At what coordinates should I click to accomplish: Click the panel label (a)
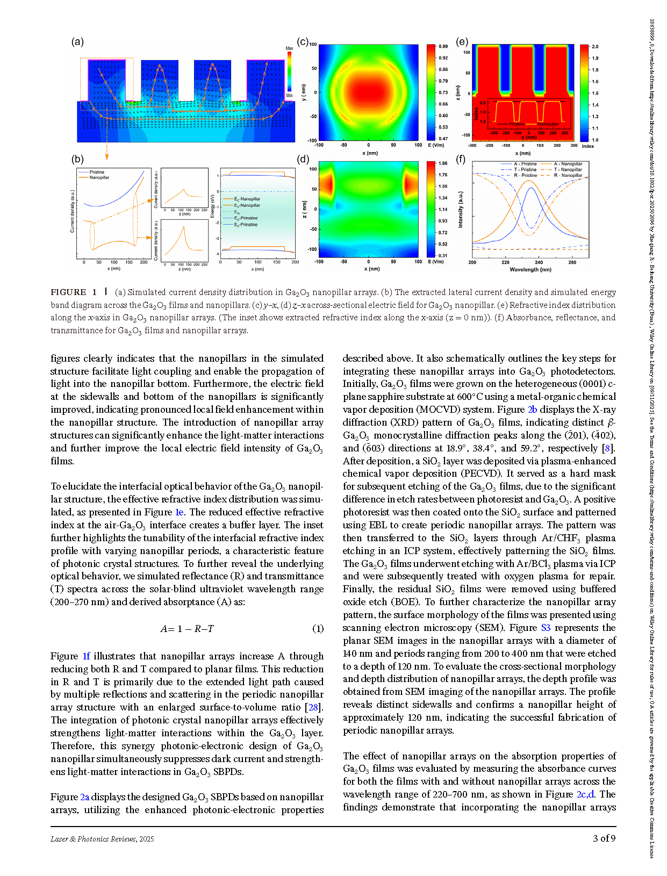(x=77, y=42)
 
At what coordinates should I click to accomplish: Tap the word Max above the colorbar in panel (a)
(x=289, y=48)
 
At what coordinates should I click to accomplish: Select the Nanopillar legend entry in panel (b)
(x=99, y=177)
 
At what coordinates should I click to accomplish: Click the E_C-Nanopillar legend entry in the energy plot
(x=247, y=199)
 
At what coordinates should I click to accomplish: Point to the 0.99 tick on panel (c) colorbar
(x=443, y=47)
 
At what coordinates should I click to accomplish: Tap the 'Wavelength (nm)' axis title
(x=530, y=269)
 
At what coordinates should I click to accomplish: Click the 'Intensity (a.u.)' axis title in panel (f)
(x=461, y=210)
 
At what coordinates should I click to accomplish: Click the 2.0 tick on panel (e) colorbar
(x=595, y=47)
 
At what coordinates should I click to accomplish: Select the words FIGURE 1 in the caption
(x=74, y=292)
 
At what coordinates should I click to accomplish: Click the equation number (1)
(x=318, y=628)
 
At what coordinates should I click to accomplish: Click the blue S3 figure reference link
(x=546, y=628)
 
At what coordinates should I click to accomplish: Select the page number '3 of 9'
(x=604, y=838)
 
